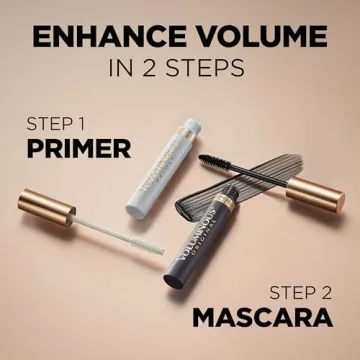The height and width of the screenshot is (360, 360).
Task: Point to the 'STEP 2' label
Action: tap(301, 293)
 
